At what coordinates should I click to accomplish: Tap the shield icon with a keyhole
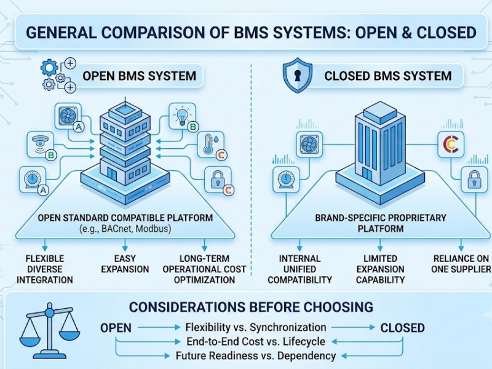(297, 76)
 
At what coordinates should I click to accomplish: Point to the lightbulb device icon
(182, 116)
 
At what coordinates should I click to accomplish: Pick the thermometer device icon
(210, 145)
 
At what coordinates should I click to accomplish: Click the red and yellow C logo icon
(451, 145)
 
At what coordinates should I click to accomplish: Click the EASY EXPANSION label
(125, 264)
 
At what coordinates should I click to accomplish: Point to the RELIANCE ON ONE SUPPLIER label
(461, 264)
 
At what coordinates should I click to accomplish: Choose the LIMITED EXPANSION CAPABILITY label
(380, 269)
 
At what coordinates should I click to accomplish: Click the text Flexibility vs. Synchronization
(256, 327)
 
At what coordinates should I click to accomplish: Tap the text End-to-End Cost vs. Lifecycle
(256, 341)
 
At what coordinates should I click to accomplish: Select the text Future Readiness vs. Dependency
(256, 356)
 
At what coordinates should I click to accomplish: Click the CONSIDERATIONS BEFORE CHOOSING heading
(251, 307)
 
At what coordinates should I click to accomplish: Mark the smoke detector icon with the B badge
(41, 145)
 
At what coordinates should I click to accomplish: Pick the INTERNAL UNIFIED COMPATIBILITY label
(300, 269)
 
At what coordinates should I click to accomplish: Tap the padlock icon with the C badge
(218, 180)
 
